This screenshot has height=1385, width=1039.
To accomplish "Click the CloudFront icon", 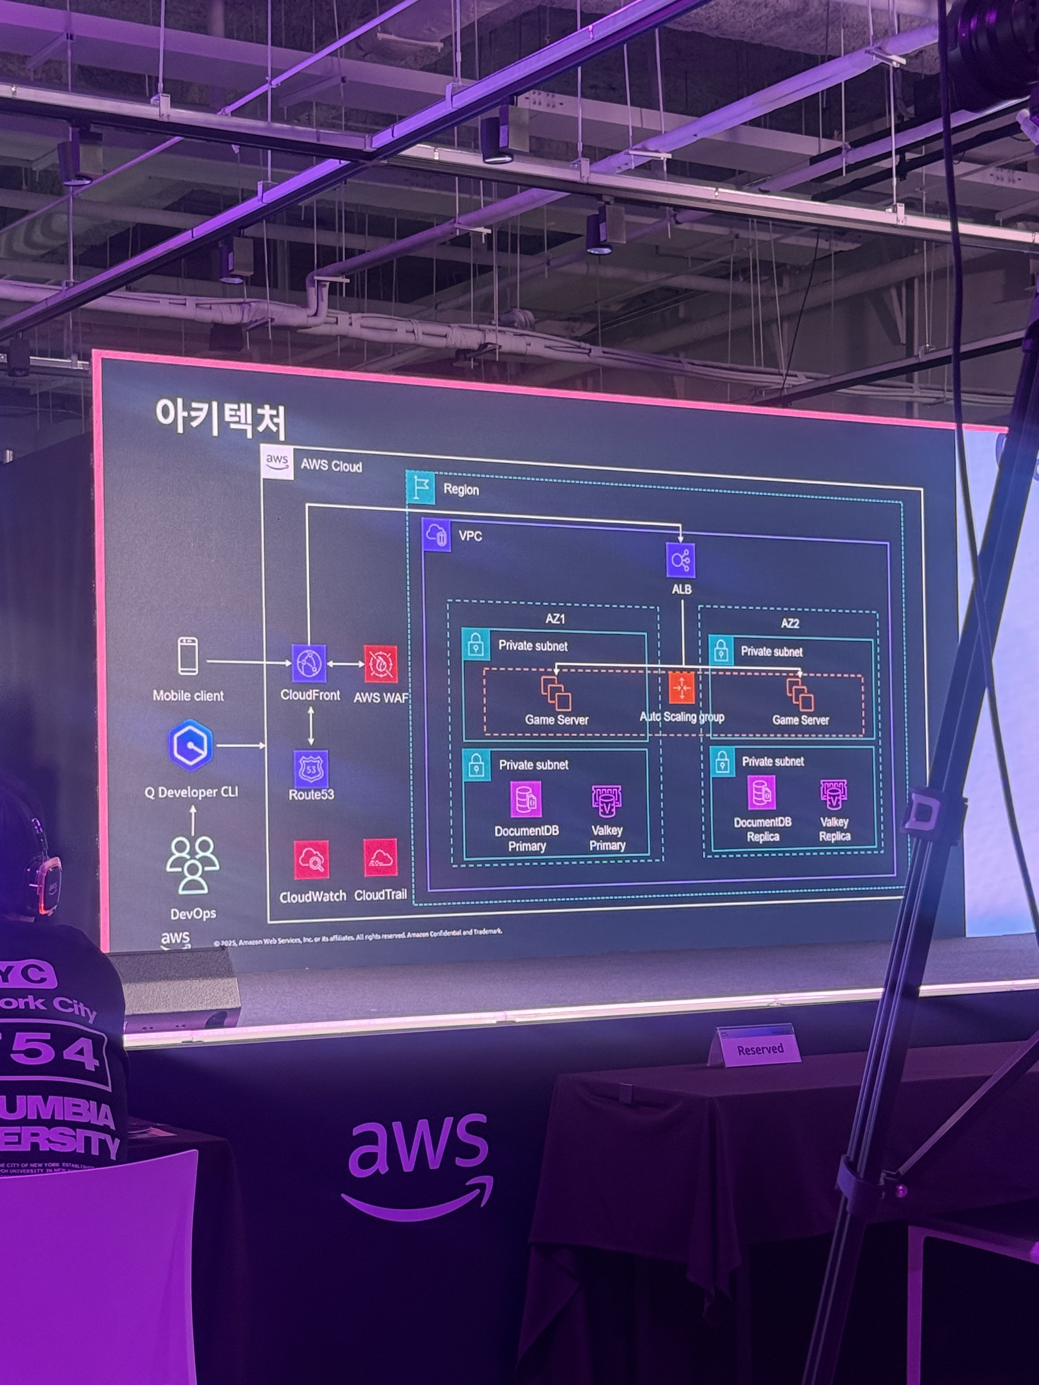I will tap(309, 664).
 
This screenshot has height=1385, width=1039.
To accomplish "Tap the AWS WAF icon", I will tap(381, 664).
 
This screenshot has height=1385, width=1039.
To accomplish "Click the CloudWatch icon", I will tap(311, 860).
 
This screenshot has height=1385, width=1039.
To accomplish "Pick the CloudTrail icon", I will tap(380, 858).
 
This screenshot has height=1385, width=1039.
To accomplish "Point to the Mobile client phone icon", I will tap(188, 656).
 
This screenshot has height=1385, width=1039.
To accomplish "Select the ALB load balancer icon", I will tap(681, 560).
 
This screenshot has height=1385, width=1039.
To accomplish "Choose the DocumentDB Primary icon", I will tap(525, 799).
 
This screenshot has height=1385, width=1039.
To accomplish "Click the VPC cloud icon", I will tap(436, 535).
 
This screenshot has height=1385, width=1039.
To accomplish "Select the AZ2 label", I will tap(790, 623).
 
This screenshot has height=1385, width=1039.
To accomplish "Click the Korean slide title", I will tap(221, 418).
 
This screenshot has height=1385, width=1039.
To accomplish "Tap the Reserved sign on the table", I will tap(760, 1049).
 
